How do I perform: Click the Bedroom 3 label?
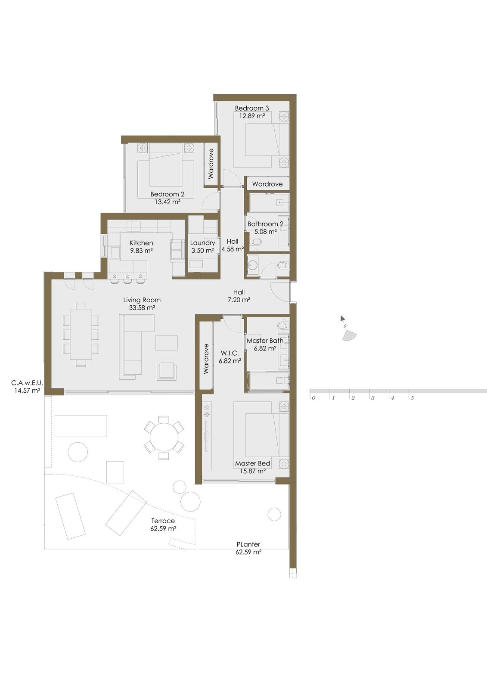(x=252, y=108)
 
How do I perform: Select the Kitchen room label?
(x=141, y=243)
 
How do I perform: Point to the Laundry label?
(x=202, y=243)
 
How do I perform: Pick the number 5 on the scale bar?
(x=412, y=398)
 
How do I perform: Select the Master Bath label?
(x=265, y=341)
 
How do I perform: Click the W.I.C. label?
(x=229, y=353)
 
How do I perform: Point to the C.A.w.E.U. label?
(x=27, y=382)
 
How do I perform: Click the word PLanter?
(x=248, y=544)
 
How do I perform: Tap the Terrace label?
(x=163, y=521)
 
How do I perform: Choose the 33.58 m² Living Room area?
(x=142, y=308)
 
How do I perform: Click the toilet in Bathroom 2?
(x=256, y=242)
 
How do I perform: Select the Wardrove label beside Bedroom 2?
(x=211, y=164)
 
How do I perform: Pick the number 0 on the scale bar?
(x=313, y=398)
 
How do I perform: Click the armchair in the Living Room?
(x=167, y=371)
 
